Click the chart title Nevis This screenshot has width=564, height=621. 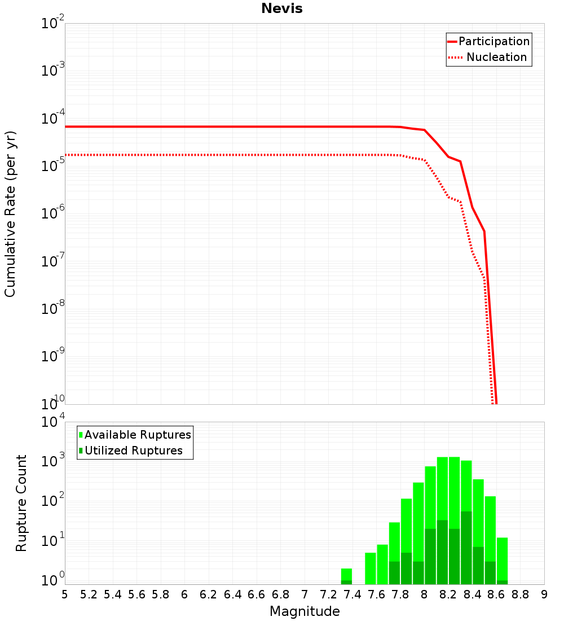[x=281, y=8]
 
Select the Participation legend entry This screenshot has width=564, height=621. [x=493, y=41]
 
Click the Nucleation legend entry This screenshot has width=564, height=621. [x=496, y=57]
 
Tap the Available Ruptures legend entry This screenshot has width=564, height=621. [x=137, y=435]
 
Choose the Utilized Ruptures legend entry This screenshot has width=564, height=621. [x=133, y=451]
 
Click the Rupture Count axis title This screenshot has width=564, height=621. [x=21, y=503]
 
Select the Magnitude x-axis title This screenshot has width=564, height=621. [x=305, y=611]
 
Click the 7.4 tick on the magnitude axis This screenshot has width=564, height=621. [x=352, y=594]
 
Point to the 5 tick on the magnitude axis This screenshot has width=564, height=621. [x=65, y=594]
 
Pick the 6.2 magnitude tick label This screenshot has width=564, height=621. [x=209, y=594]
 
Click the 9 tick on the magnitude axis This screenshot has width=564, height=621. [x=544, y=594]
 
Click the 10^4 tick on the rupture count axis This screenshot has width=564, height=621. [x=54, y=422]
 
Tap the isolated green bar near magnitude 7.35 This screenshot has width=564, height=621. [x=346, y=575]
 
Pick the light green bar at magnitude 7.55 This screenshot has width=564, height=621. [x=370, y=568]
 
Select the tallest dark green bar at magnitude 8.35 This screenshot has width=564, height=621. [x=466, y=548]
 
